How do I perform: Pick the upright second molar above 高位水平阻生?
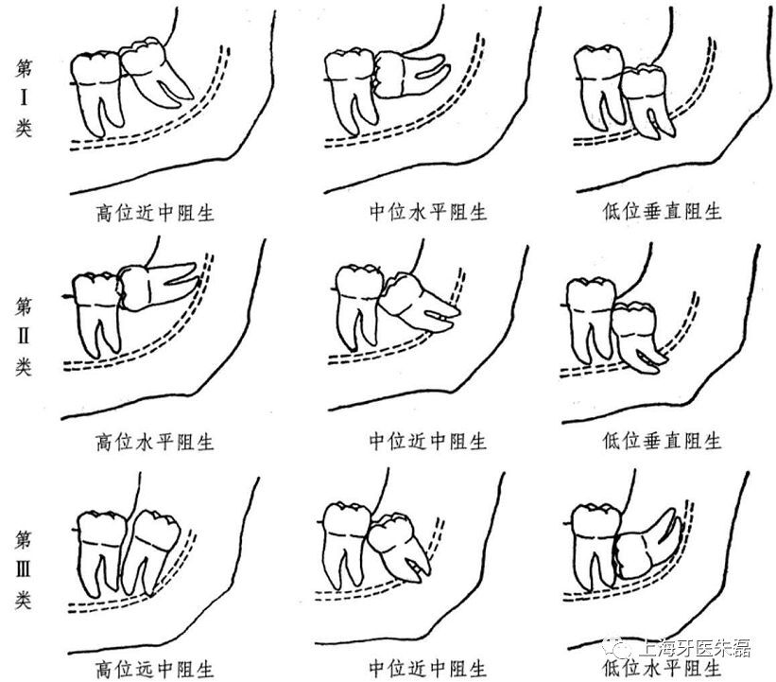coord(96,312)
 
